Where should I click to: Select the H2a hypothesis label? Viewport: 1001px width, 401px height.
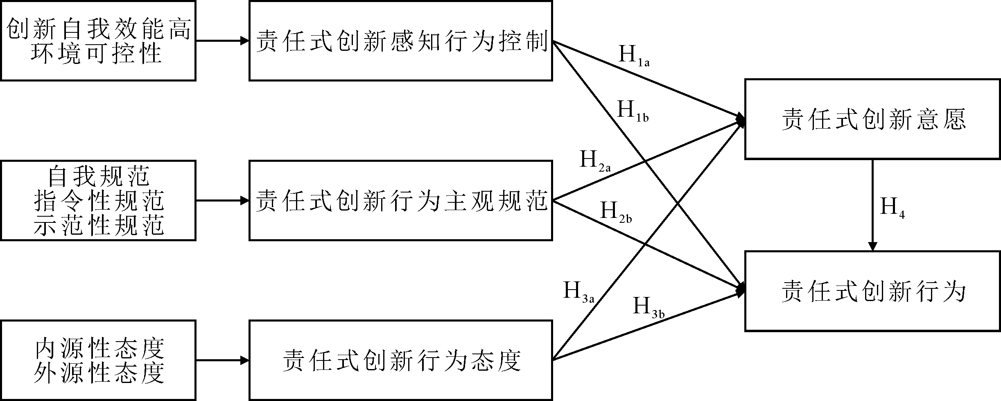(x=595, y=161)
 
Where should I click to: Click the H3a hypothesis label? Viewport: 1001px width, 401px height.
(x=578, y=292)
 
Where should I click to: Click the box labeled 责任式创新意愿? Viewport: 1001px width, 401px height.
(x=872, y=119)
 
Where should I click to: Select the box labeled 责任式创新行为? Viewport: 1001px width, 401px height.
(x=872, y=291)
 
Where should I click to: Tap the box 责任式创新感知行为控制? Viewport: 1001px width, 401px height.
(x=401, y=41)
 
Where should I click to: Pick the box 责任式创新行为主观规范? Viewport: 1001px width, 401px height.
(x=401, y=200)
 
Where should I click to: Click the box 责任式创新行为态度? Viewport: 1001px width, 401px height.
(x=401, y=360)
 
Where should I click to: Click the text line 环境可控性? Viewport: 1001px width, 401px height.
(x=97, y=53)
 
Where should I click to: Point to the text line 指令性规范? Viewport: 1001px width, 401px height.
(x=98, y=201)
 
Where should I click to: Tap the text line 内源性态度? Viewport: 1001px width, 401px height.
(x=99, y=349)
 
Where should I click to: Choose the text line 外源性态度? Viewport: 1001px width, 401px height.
(x=99, y=372)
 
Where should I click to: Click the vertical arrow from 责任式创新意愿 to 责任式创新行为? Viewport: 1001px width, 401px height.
(x=872, y=205)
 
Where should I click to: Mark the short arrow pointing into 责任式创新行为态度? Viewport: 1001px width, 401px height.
(x=222, y=360)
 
